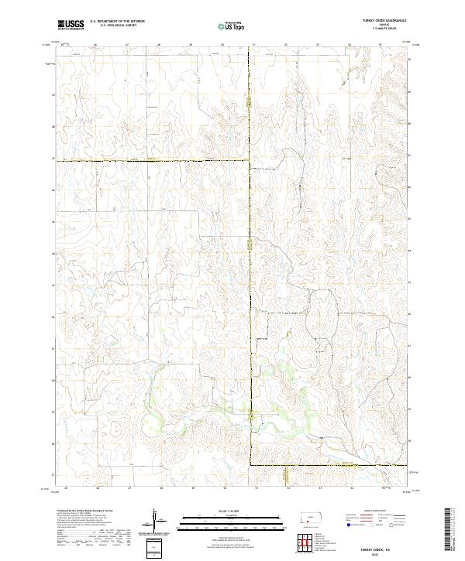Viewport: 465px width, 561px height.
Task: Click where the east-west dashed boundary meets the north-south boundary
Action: pyautogui.click(x=250, y=160)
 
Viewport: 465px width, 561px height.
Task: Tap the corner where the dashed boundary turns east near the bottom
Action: pyautogui.click(x=250, y=465)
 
